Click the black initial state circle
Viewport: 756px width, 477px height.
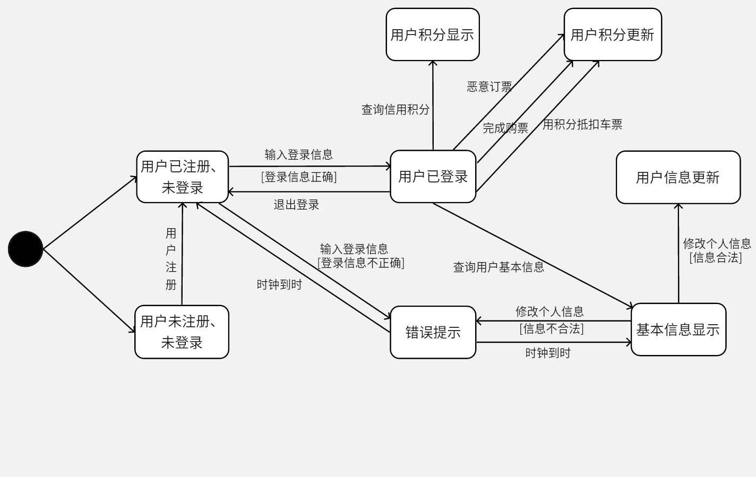click(25, 249)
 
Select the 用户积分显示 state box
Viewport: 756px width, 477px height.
click(433, 34)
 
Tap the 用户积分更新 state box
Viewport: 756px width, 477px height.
click(613, 34)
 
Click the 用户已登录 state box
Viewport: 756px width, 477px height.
click(433, 177)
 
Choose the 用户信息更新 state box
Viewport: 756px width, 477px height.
click(678, 177)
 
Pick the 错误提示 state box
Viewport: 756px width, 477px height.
click(433, 332)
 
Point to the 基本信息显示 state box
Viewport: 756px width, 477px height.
click(678, 329)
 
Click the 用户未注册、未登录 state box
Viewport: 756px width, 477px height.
click(182, 332)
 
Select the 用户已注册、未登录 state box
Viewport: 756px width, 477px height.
click(182, 177)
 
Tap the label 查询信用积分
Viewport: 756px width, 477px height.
click(396, 110)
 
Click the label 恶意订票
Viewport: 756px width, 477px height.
click(489, 86)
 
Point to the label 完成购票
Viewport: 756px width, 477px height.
click(505, 128)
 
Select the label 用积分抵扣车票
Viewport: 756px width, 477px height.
click(582, 124)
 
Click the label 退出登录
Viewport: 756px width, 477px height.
click(296, 205)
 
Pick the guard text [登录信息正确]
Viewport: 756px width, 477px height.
click(299, 177)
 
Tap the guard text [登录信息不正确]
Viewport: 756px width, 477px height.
click(361, 263)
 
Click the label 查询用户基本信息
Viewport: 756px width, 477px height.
click(499, 267)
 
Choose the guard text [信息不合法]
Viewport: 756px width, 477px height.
click(552, 328)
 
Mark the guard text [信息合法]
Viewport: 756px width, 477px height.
click(716, 257)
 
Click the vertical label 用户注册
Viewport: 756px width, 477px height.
click(171, 259)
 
